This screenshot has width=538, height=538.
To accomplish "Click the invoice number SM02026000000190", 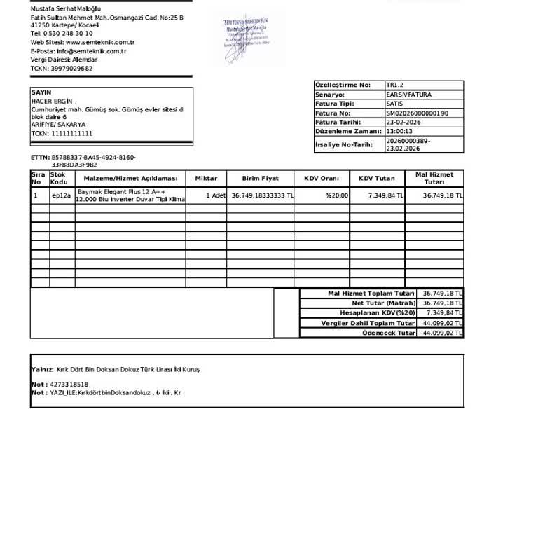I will (x=417, y=113).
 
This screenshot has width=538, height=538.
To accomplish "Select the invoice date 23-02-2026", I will (x=403, y=122).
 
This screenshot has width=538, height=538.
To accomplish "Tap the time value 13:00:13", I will (x=399, y=131).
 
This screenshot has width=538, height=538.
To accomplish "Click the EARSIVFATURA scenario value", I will (x=408, y=95).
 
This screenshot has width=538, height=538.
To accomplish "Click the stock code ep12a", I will (x=62, y=195).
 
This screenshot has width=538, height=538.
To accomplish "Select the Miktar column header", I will (x=206, y=179).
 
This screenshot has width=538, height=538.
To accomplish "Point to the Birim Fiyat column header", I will (x=261, y=179).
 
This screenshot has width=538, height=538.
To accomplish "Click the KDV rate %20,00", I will (x=336, y=195).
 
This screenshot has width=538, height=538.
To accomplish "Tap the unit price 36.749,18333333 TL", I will (x=263, y=195).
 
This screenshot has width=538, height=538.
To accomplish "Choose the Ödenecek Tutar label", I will (x=388, y=333).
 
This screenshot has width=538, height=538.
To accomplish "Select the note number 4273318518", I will (x=69, y=385).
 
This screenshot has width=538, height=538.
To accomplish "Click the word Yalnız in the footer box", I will (x=42, y=369).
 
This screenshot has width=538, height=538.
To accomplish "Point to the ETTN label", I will (x=40, y=158).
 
